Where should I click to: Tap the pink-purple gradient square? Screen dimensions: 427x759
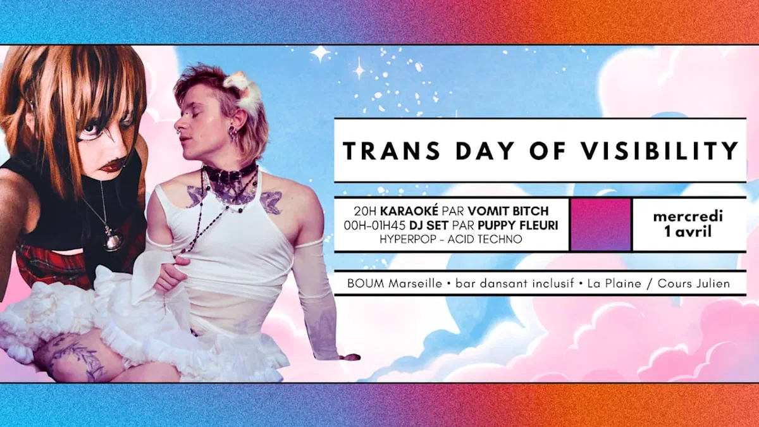(x=600, y=225)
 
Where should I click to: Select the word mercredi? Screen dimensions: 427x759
(x=688, y=216)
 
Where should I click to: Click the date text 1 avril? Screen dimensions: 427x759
(x=688, y=232)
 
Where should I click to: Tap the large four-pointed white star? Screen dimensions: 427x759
(x=321, y=54)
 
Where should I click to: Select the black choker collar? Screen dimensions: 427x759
(x=230, y=173)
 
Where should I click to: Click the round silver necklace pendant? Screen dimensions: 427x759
(x=113, y=240)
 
